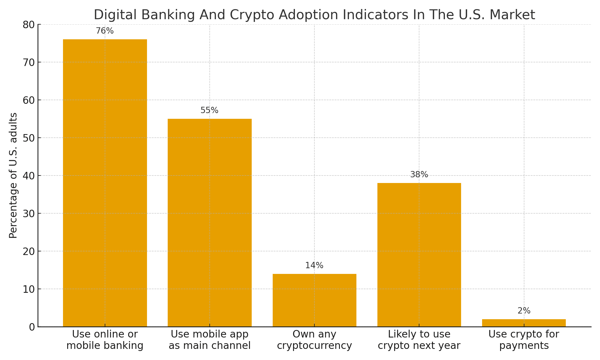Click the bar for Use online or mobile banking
pyautogui.click(x=105, y=183)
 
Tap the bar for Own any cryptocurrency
pyautogui.click(x=314, y=300)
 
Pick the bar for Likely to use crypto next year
pyautogui.click(x=419, y=255)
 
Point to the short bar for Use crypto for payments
pyautogui.click(x=524, y=323)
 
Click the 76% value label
pyautogui.click(x=105, y=31)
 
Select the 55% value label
pyautogui.click(x=209, y=110)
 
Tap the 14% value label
pyautogui.click(x=314, y=265)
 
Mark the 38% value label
pyautogui.click(x=419, y=175)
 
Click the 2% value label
pyautogui.click(x=524, y=311)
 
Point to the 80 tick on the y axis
pyautogui.click(x=29, y=25)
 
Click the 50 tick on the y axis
pyautogui.click(x=29, y=138)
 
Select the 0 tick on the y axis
pyautogui.click(x=32, y=327)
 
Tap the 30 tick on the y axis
pyautogui.click(x=29, y=214)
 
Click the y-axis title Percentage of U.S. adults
pyautogui.click(x=13, y=175)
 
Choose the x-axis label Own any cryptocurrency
pyautogui.click(x=314, y=340)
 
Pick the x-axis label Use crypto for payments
pyautogui.click(x=524, y=340)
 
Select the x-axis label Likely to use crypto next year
pyautogui.click(x=419, y=340)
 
